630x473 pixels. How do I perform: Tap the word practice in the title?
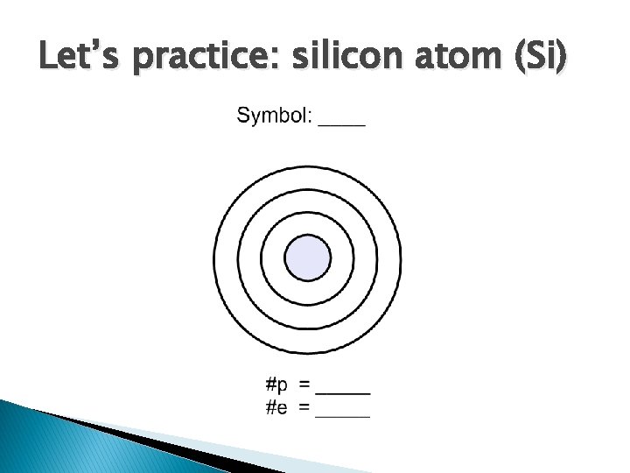pos(192,60)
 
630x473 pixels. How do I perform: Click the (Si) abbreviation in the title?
pos(535,59)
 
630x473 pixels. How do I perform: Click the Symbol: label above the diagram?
pos(273,116)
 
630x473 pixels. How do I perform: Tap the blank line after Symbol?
pos(342,125)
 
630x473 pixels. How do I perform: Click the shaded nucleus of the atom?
pos(308,258)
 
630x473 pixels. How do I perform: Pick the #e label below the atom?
pos(277,407)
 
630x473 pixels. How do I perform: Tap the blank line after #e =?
pos(343,416)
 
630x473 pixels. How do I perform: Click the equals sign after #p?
pos(304,385)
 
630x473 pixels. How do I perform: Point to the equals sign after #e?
pos(304,407)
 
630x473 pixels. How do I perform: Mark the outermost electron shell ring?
pos(216,258)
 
